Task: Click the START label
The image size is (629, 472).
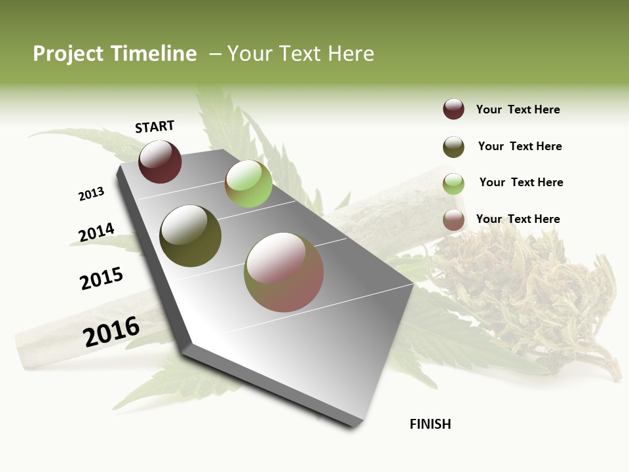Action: [155, 127]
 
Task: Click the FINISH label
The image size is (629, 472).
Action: [430, 424]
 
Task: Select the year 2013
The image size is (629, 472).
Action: [91, 194]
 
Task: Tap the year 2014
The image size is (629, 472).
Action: [96, 233]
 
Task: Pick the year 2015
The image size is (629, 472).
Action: [102, 278]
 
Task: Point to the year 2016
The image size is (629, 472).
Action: [111, 332]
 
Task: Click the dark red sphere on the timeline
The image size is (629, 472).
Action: [160, 162]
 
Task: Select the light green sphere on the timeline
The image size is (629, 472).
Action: [248, 184]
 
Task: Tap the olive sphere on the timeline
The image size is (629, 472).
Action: [190, 236]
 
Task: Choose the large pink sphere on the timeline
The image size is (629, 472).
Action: [284, 272]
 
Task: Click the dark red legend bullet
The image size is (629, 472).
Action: [453, 109]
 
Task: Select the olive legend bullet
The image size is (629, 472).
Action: [453, 147]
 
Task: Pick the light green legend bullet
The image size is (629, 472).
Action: [453, 184]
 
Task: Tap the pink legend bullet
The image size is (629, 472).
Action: [453, 220]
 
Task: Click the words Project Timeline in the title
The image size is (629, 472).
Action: [115, 54]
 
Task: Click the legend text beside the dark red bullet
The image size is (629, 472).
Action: [518, 110]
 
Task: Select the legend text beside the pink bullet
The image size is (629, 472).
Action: [518, 219]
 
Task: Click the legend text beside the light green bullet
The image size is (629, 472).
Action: [522, 182]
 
